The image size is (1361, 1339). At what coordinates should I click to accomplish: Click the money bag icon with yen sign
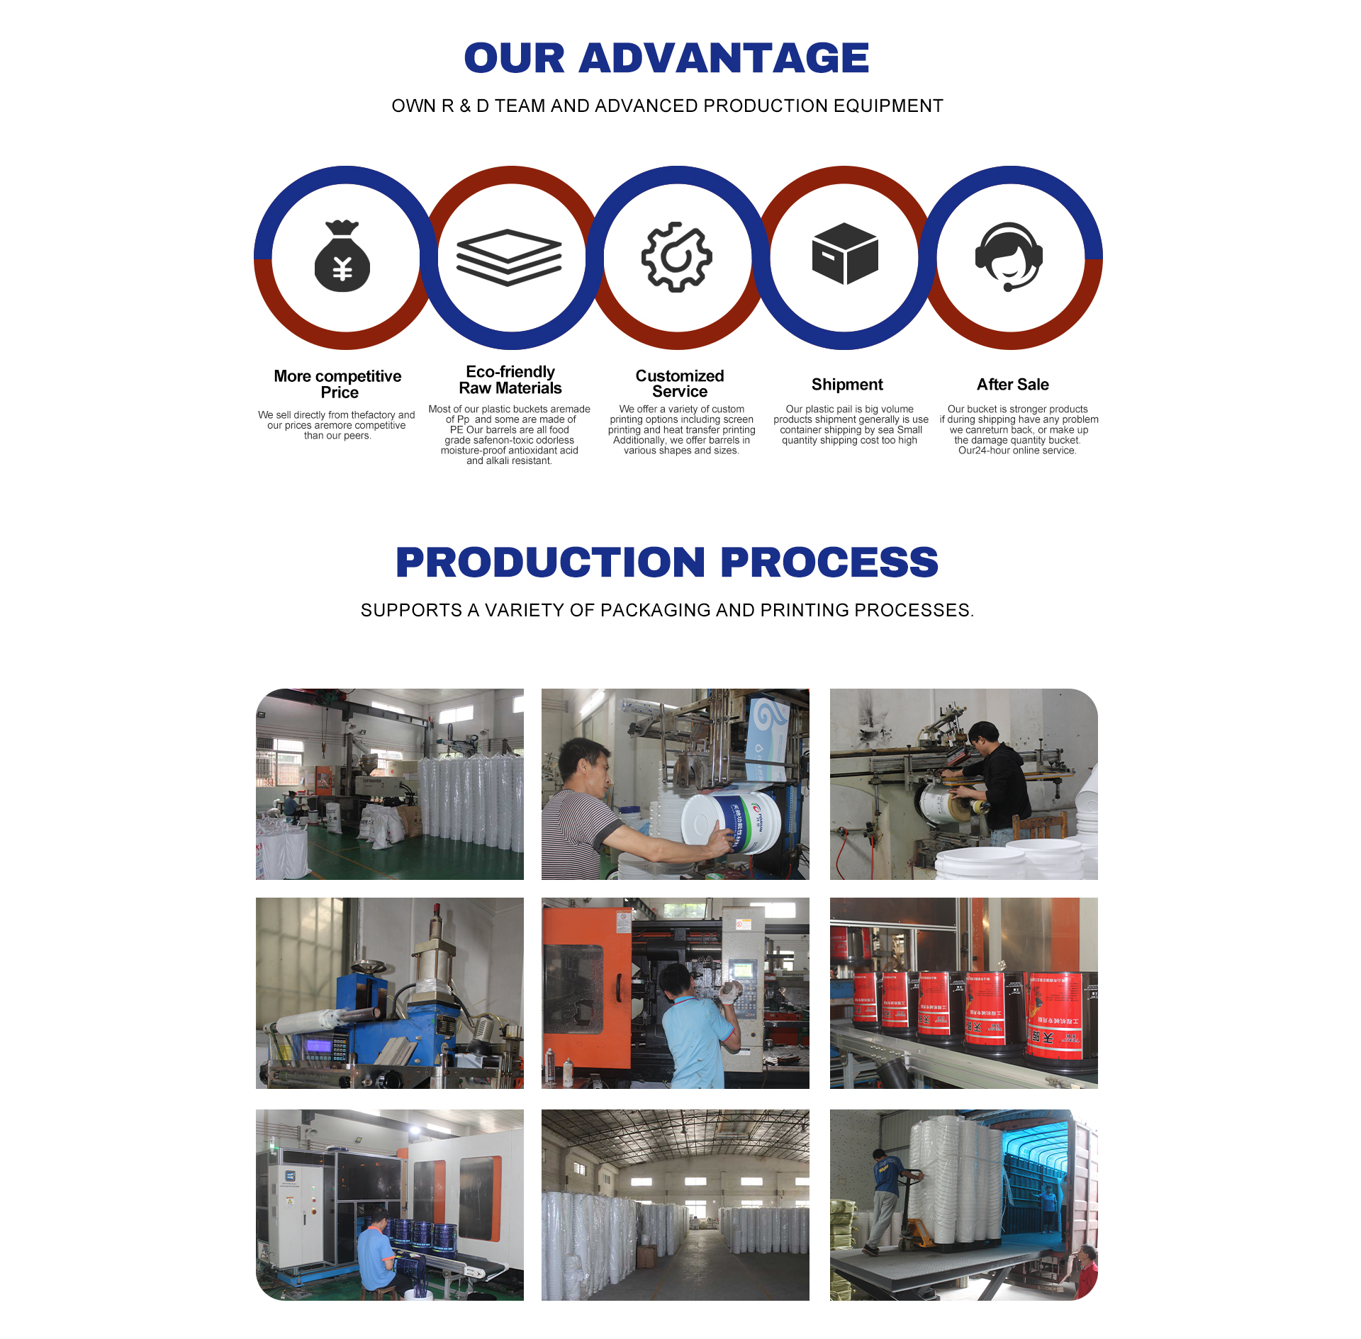click(x=342, y=256)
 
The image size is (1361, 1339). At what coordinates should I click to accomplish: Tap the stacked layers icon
click(x=509, y=257)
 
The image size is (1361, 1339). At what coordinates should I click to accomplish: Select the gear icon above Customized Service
click(x=677, y=256)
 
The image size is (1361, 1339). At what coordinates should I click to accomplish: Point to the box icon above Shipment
click(x=845, y=254)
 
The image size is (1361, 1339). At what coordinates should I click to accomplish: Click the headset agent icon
click(x=1009, y=256)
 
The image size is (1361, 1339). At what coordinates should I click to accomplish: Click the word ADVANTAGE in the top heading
click(x=724, y=58)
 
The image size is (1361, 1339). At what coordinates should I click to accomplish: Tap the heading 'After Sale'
click(x=1012, y=385)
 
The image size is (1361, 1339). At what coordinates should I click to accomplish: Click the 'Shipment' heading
click(x=847, y=385)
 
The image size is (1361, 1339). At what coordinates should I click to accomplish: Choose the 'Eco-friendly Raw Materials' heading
click(x=510, y=380)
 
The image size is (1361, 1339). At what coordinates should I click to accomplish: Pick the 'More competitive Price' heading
click(x=338, y=384)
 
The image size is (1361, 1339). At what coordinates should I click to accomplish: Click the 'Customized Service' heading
click(x=680, y=383)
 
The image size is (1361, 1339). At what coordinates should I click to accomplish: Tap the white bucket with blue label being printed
click(x=730, y=822)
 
